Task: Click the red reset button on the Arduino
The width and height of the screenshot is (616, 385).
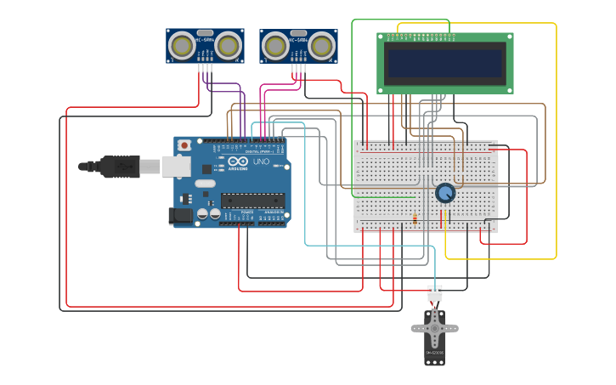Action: point(184,145)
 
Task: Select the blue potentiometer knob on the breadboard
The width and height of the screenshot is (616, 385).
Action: point(444,194)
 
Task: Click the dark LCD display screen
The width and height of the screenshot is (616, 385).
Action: point(445,64)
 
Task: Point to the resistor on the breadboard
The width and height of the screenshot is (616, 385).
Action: point(415,219)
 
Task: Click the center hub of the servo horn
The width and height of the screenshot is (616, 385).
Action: point(435,327)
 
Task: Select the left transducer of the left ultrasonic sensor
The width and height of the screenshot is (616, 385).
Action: point(181,44)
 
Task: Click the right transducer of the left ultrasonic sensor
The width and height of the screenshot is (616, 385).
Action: point(228,44)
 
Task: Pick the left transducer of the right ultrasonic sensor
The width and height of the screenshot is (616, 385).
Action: point(274,44)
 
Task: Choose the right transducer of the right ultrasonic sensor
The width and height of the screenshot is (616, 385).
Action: point(321,44)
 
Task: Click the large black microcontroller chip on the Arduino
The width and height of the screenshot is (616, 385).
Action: point(252,201)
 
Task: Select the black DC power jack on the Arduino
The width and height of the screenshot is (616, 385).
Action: point(180,216)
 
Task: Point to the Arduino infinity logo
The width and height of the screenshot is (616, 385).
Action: point(237,161)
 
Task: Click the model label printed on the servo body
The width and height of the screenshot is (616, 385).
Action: point(435,352)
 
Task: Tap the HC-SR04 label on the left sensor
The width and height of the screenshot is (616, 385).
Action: point(204,39)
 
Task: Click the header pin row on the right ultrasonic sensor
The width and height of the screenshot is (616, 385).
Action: point(298,67)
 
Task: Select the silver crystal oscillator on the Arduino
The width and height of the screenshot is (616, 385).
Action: point(205,183)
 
